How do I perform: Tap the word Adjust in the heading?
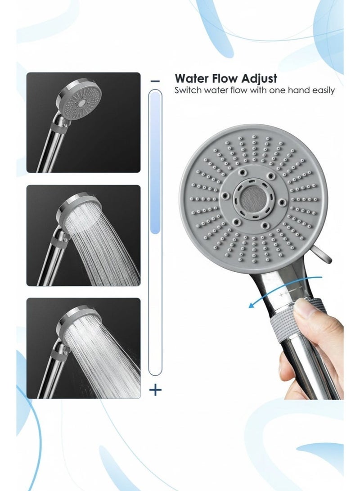(261, 79)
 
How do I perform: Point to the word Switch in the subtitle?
(188, 90)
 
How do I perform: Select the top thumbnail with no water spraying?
(83, 122)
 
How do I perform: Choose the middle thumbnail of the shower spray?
(83, 235)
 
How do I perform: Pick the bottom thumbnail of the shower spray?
(83, 348)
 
